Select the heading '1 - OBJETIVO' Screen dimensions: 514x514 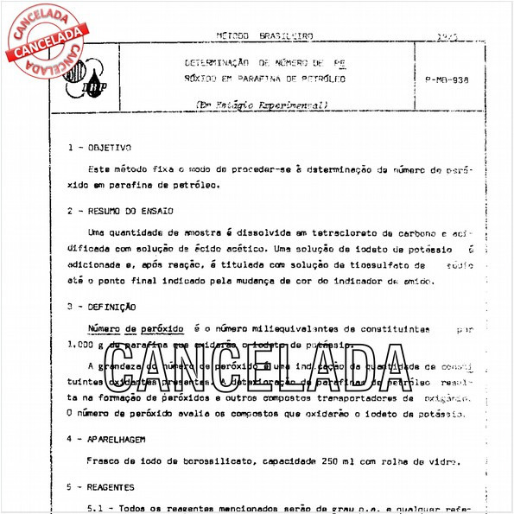(x=99, y=148)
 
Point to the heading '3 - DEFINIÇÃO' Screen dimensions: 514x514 (x=101, y=306)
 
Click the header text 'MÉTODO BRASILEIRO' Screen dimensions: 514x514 (x=264, y=36)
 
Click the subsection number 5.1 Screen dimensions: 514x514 (x=98, y=509)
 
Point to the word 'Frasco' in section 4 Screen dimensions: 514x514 (x=105, y=462)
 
